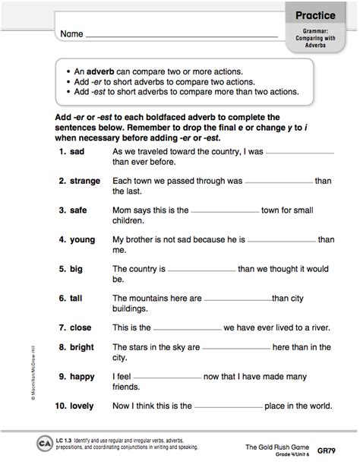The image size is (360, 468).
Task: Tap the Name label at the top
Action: (68, 34)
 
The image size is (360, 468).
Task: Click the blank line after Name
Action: (182, 36)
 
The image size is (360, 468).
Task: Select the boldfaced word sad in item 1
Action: (77, 152)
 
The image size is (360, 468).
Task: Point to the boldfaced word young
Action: (82, 239)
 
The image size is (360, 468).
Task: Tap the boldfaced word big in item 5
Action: (76, 268)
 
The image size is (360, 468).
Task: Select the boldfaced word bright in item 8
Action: (82, 346)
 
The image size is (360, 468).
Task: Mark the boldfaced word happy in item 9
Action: (82, 375)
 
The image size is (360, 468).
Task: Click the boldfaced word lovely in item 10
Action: (81, 405)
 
